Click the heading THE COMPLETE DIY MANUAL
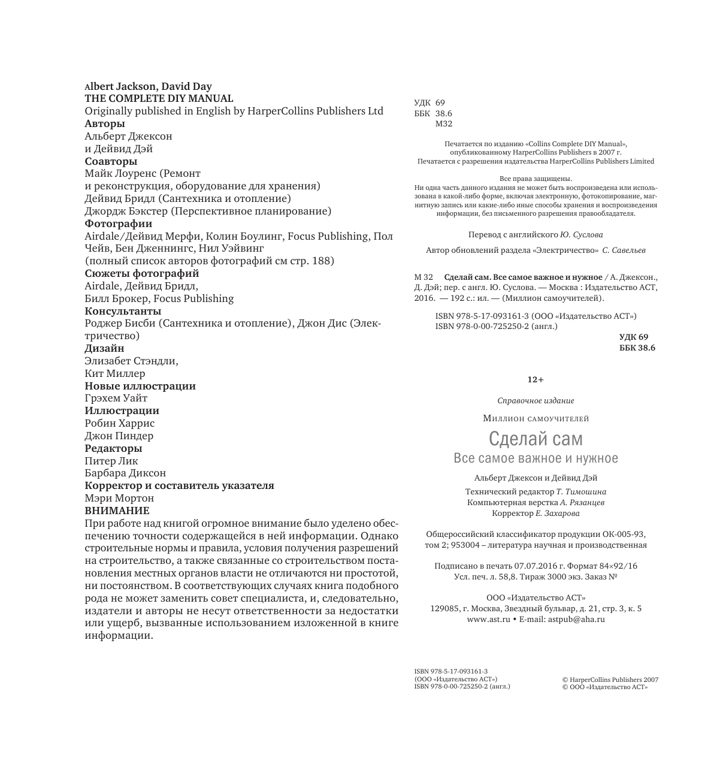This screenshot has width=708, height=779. point(159,98)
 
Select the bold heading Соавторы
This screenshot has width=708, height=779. point(111,161)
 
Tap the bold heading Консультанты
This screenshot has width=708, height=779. point(123,311)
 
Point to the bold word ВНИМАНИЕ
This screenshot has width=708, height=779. point(117,511)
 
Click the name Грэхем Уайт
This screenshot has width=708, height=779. point(116,398)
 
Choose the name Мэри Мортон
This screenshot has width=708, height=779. point(119,498)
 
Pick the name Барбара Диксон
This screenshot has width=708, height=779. point(125,473)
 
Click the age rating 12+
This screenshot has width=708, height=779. point(535,380)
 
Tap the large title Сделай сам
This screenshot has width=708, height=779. point(535,439)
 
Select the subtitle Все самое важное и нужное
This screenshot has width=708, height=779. point(535,458)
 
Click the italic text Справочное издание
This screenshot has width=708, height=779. point(535,401)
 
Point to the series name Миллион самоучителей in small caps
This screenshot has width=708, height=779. point(535,418)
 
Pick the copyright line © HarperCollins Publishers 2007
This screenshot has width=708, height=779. point(610,680)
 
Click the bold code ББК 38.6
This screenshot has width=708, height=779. point(637,348)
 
